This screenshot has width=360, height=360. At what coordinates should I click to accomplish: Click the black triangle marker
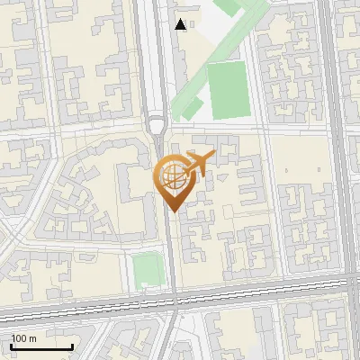tap(181, 24)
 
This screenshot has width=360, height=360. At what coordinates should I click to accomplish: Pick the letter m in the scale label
tap(33, 338)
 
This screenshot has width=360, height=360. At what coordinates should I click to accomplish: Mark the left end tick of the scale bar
tap(10, 346)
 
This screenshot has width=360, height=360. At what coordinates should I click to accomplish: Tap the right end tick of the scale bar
tap(73, 346)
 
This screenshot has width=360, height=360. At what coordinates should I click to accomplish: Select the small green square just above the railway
tap(145, 268)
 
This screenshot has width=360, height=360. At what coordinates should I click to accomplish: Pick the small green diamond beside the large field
tap(192, 108)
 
